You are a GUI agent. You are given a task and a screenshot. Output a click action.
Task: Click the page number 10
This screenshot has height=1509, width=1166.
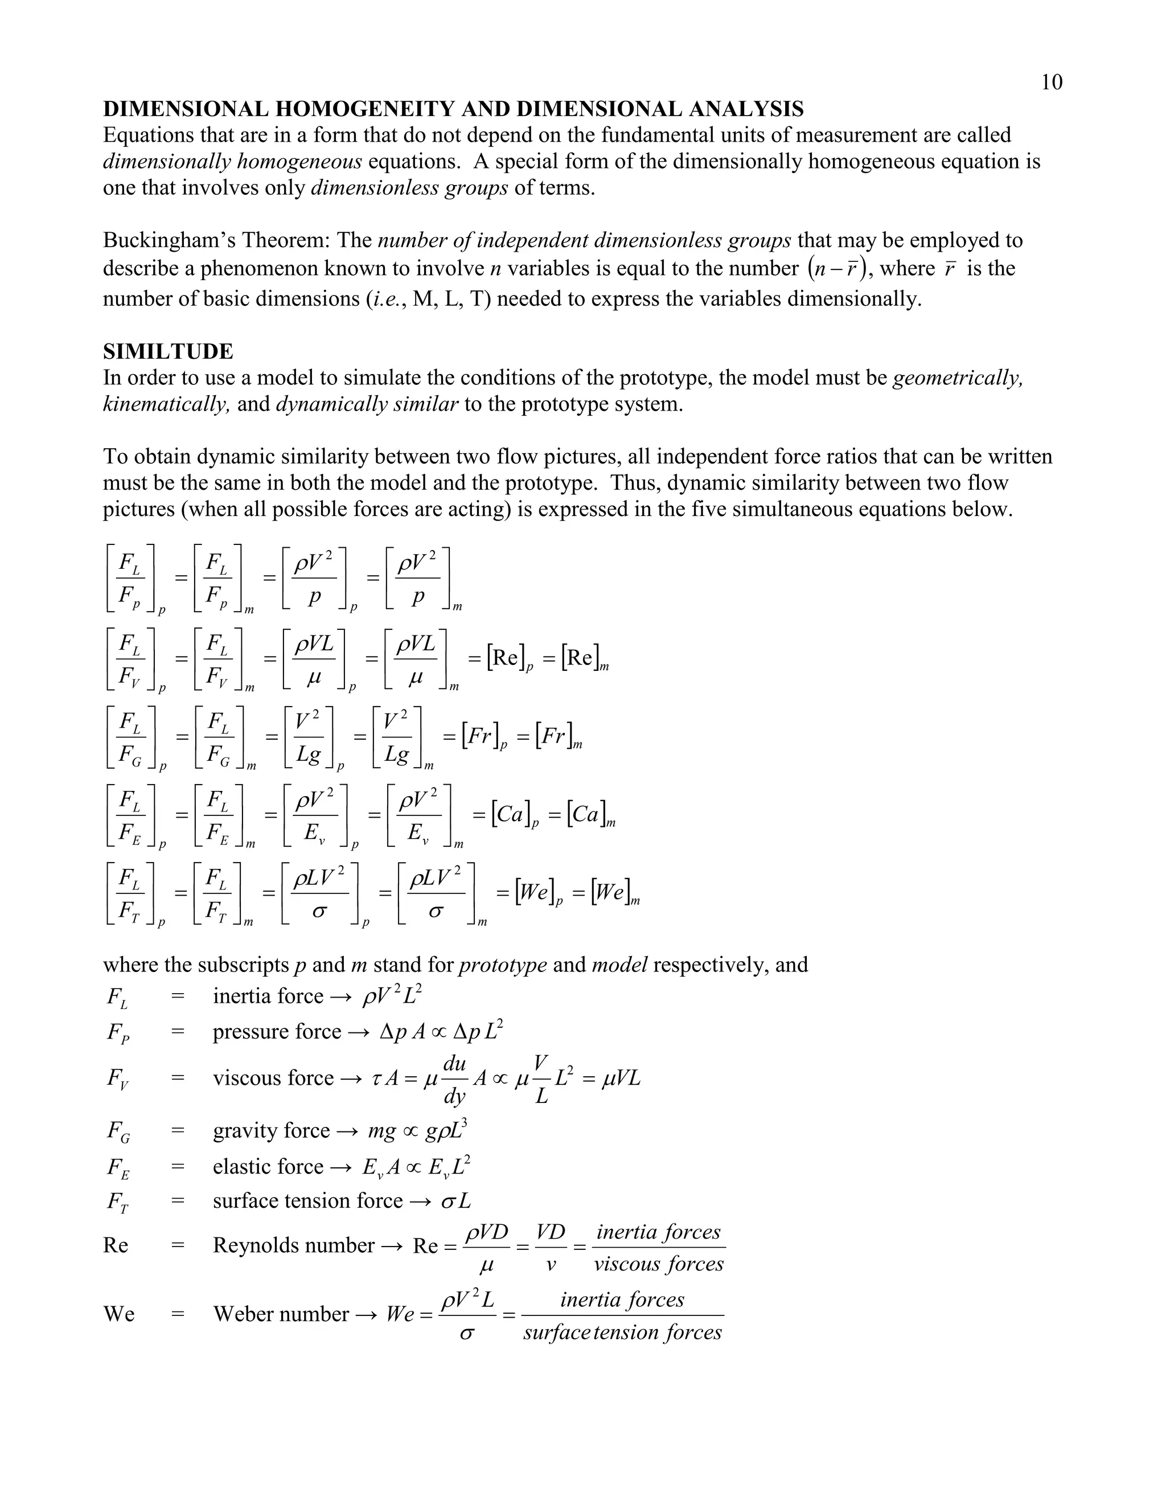[x=1052, y=83]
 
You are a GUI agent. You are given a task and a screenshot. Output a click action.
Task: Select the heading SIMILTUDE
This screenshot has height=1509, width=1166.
[x=168, y=352]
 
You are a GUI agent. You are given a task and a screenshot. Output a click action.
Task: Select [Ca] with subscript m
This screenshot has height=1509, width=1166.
[x=590, y=815]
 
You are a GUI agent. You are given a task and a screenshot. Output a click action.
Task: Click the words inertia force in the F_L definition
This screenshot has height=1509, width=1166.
[x=268, y=997]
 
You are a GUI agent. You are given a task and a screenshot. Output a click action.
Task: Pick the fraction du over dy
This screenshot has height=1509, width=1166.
[x=454, y=1079]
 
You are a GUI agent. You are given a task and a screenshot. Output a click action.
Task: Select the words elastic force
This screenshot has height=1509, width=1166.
[x=268, y=1167]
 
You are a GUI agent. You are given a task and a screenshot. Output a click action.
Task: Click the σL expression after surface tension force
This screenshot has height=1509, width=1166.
[x=455, y=1202]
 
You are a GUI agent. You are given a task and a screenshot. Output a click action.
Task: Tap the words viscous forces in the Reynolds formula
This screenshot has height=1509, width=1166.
[x=658, y=1264]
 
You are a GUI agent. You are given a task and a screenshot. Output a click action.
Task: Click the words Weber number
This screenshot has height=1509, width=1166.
[x=281, y=1314]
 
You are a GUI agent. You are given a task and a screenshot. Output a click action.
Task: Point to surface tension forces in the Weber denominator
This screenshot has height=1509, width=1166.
[x=622, y=1332]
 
